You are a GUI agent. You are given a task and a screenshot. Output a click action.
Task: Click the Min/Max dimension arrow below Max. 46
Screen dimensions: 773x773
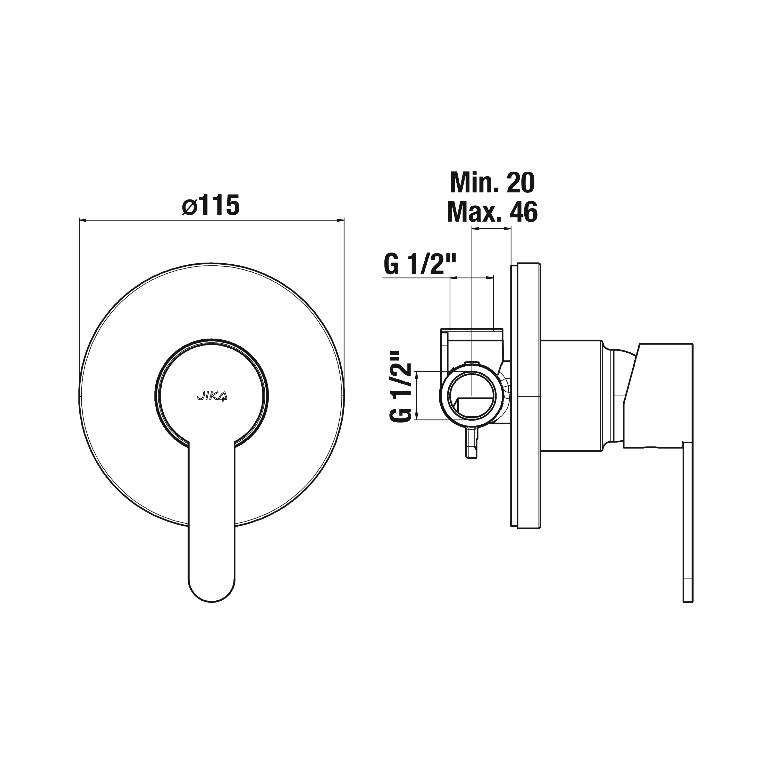coord(491,229)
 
